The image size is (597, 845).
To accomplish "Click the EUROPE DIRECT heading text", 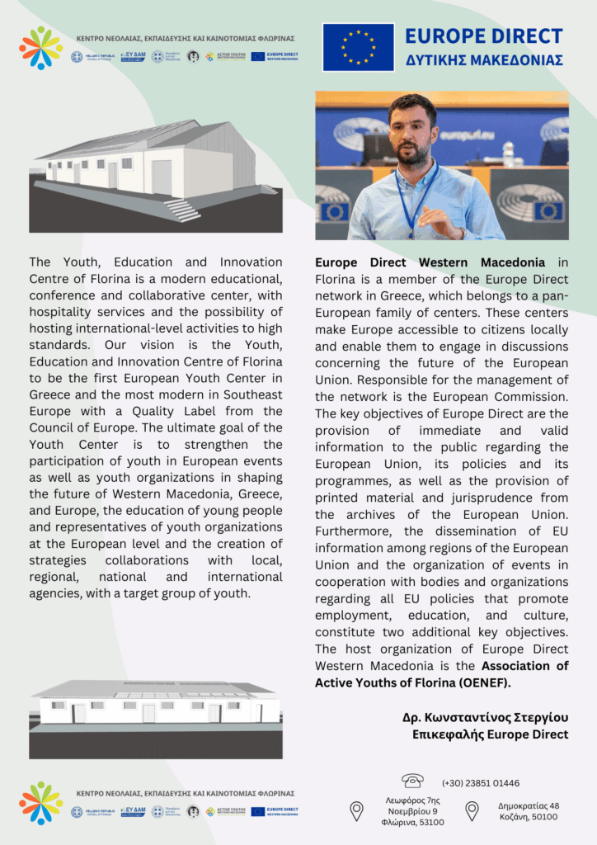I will pos(484,36).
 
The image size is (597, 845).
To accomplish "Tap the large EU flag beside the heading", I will pos(358,47).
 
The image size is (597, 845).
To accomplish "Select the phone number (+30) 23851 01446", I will pos(481,783).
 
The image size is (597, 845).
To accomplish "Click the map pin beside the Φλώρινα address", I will pos(357,811).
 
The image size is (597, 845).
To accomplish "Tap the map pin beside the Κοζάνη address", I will pos(472,811).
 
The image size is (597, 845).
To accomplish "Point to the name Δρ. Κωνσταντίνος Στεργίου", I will pos(485,718).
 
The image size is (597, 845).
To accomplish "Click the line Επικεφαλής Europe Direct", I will pos(491,734).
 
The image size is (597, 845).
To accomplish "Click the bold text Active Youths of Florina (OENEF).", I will pos(413,682).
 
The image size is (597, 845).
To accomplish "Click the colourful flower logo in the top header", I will pos(40,48).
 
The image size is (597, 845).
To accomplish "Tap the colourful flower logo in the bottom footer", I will pos(40,803).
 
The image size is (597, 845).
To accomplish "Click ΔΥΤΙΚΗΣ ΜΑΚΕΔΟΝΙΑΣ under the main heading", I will pos(484,61).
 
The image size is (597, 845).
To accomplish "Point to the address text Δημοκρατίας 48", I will pos(529,805).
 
